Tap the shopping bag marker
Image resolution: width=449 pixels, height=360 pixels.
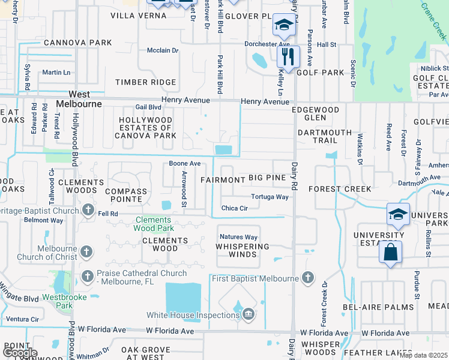390,253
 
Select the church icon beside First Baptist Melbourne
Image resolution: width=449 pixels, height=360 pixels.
307,277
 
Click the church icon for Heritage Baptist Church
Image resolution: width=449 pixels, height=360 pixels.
88,210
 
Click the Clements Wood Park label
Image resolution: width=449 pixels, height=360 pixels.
154,224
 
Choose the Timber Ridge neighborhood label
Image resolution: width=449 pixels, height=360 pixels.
146,82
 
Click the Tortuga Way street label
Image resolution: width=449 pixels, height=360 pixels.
270,197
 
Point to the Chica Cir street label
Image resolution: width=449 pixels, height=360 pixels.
235,208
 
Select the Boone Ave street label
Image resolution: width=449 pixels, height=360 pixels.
184,163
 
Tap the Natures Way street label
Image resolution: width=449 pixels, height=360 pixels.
238,237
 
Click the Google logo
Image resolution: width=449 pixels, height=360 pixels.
20,353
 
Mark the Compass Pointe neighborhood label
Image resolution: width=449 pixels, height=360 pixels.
125,196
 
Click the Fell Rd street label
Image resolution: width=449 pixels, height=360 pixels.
108,214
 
